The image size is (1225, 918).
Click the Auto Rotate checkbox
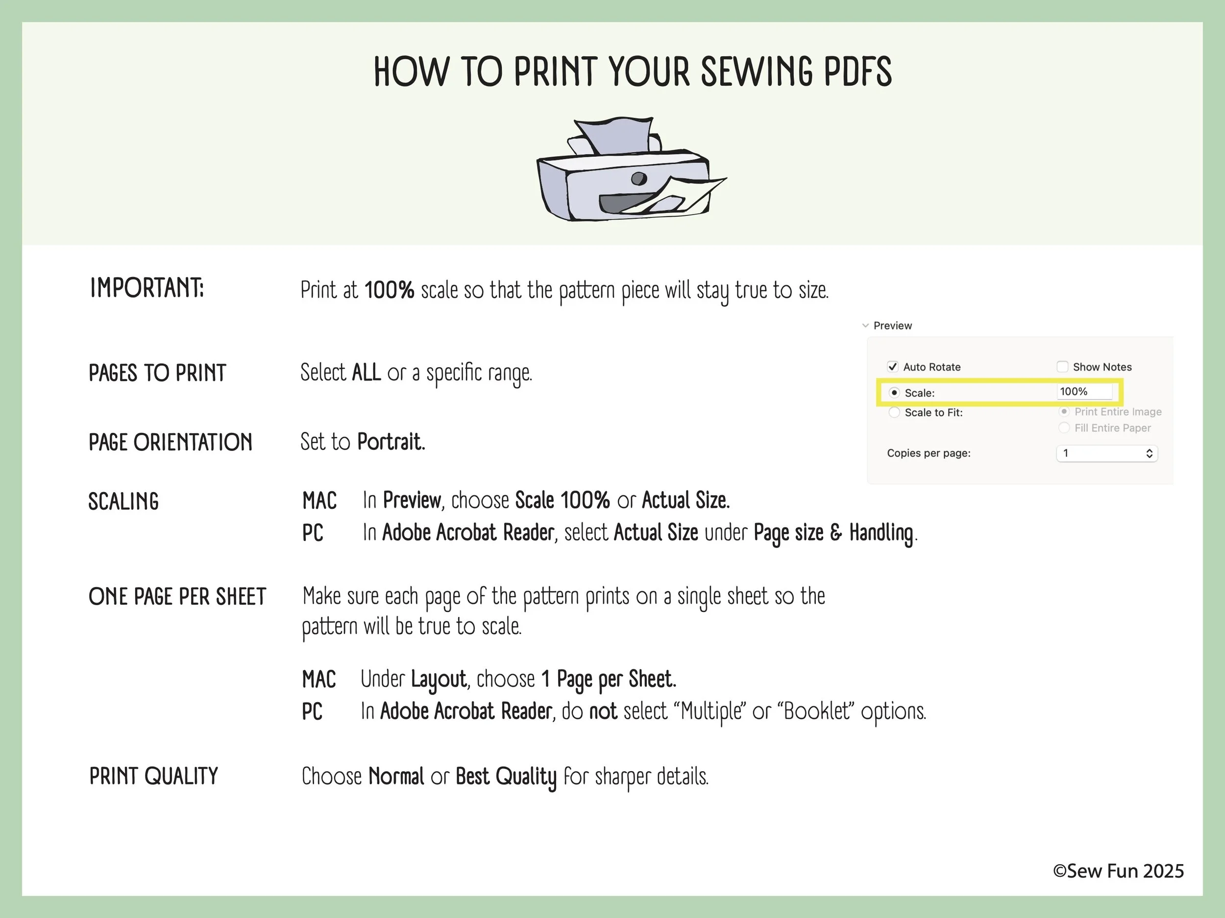(892, 366)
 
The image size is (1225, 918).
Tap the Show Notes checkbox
(1062, 366)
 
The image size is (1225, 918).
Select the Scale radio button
(894, 392)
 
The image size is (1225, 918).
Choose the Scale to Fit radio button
(894, 412)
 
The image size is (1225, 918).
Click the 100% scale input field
(1084, 391)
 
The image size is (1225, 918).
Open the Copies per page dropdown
(1107, 453)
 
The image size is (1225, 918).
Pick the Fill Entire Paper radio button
(1064, 428)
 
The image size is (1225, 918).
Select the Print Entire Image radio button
(1064, 412)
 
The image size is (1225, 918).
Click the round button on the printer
(639, 179)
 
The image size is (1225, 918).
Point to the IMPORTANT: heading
(147, 288)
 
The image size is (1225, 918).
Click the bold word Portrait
(391, 442)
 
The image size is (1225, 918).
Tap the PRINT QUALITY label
(153, 777)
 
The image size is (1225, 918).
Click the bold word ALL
(366, 373)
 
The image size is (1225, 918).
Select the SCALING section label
(123, 501)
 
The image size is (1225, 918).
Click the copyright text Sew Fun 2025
(1118, 871)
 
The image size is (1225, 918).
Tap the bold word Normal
(396, 777)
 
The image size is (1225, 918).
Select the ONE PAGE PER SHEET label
(177, 596)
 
